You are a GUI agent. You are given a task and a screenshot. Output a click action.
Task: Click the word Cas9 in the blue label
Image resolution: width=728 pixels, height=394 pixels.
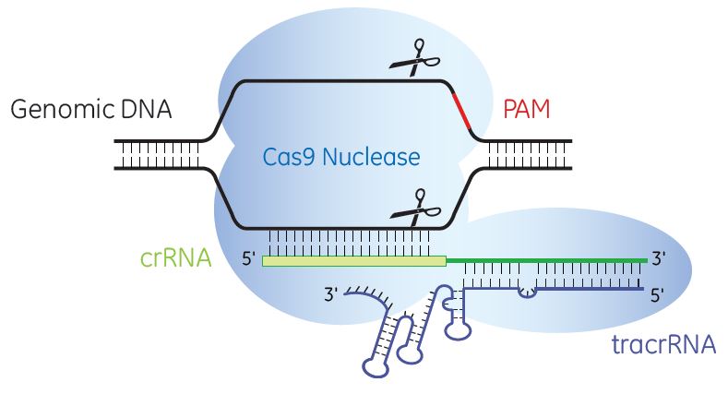pyautogui.click(x=282, y=157)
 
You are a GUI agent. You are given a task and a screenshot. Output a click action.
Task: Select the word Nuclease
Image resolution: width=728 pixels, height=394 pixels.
pyautogui.click(x=369, y=157)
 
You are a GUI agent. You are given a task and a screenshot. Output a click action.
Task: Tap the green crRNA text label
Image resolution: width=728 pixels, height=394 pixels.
pyautogui.click(x=176, y=260)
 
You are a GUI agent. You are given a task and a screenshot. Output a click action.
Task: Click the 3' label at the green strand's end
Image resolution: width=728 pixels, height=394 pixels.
pyautogui.click(x=658, y=261)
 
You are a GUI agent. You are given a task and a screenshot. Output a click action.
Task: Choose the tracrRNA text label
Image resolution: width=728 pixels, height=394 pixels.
pyautogui.click(x=663, y=346)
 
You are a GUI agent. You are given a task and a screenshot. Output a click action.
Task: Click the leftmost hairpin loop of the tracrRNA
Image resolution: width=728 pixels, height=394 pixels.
pyautogui.click(x=376, y=365)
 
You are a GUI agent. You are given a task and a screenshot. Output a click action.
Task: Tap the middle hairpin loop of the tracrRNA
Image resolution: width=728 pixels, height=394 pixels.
pyautogui.click(x=409, y=353)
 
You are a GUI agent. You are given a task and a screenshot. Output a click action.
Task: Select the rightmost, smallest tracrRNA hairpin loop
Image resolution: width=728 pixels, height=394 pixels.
pyautogui.click(x=459, y=326)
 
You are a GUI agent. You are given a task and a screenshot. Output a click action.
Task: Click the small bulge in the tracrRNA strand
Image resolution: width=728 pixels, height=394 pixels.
pyautogui.click(x=527, y=293)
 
